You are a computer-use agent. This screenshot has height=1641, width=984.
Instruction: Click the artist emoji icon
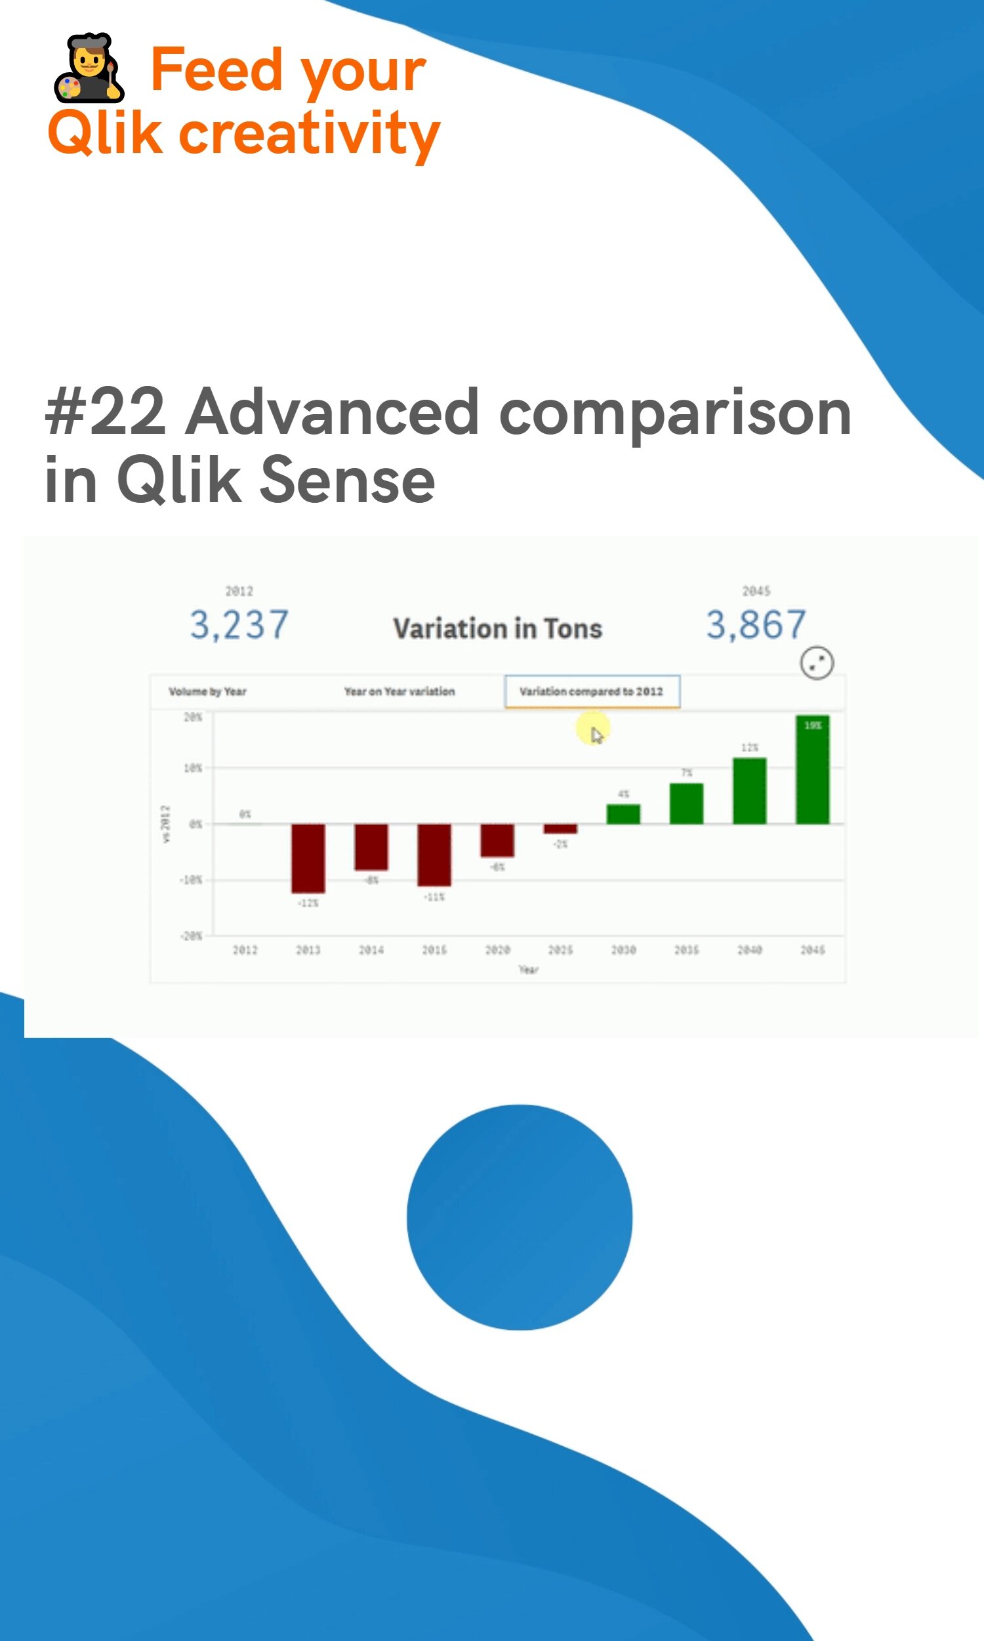(x=89, y=68)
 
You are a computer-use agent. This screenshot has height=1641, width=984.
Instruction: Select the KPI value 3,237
(x=239, y=625)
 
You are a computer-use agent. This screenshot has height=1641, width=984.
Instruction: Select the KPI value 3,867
(x=756, y=625)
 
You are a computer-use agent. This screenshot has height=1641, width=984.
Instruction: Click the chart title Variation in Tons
(x=497, y=628)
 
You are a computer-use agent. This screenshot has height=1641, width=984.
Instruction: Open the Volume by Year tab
(x=207, y=691)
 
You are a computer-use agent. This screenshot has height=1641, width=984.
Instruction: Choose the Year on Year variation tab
(x=399, y=691)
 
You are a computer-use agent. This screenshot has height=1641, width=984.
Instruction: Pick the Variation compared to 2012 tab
(x=592, y=691)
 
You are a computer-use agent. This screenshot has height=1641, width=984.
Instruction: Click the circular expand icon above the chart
(x=817, y=662)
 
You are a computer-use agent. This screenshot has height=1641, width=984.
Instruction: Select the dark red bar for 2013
(x=308, y=859)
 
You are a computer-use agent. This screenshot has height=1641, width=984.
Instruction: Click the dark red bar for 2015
(x=434, y=855)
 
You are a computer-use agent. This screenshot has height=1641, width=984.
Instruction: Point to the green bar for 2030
(x=623, y=814)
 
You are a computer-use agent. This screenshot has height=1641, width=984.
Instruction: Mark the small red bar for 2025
(x=560, y=828)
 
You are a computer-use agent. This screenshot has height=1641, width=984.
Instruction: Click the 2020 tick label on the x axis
(x=497, y=950)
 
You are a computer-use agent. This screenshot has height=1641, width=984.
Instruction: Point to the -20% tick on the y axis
(x=191, y=936)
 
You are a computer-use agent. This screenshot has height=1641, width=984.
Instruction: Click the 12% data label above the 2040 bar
(x=749, y=748)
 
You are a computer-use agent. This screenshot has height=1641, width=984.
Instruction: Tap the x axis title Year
(x=529, y=970)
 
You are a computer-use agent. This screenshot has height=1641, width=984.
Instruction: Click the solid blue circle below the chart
(x=519, y=1217)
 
